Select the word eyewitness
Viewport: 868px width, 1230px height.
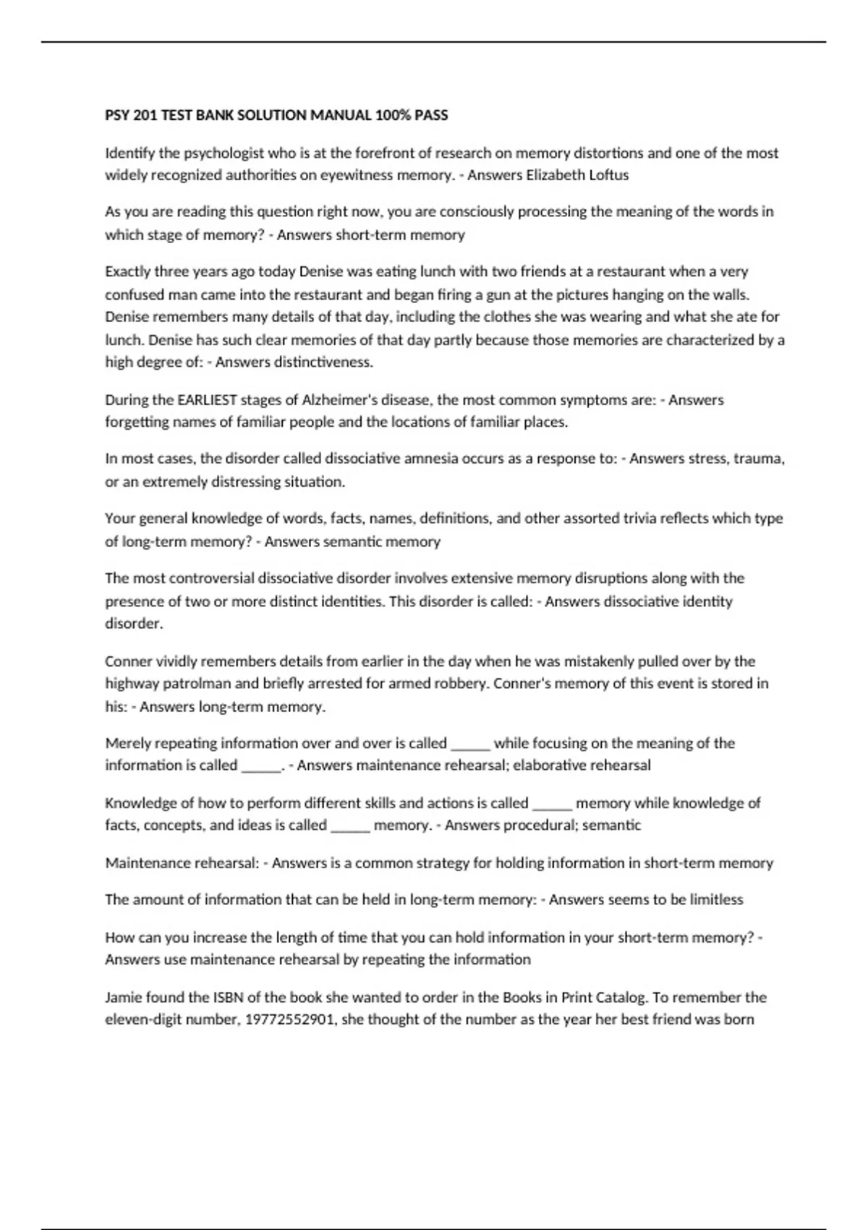(x=335, y=175)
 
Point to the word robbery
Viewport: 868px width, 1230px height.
(x=461, y=684)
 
